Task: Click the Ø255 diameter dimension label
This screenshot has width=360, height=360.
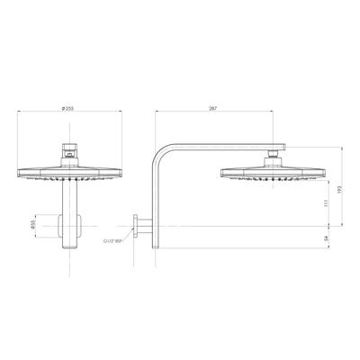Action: pos(67,108)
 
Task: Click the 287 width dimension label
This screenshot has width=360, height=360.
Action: pos(212,108)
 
